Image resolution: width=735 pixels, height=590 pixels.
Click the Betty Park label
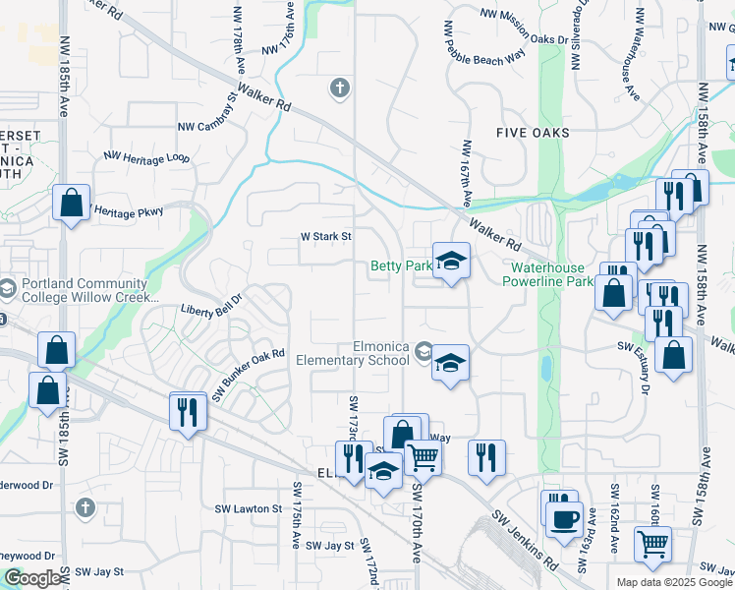coord(401,266)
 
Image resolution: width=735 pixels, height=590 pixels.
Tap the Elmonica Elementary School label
coord(354,353)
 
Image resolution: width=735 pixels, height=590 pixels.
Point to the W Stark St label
coord(326,236)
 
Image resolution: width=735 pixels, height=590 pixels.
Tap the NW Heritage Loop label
coord(146,157)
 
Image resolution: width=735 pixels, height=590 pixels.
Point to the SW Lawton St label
coord(249,509)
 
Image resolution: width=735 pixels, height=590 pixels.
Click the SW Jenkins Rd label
coord(525,540)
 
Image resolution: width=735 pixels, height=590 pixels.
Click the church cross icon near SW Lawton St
coord(85,507)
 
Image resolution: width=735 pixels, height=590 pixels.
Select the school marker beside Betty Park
coord(451,262)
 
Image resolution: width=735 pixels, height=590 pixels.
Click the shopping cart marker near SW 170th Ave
coord(423,456)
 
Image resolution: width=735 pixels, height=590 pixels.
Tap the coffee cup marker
coord(564,518)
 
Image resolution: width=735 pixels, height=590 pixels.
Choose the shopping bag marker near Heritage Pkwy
coord(72,204)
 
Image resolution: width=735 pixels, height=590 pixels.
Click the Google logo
coord(32,578)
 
